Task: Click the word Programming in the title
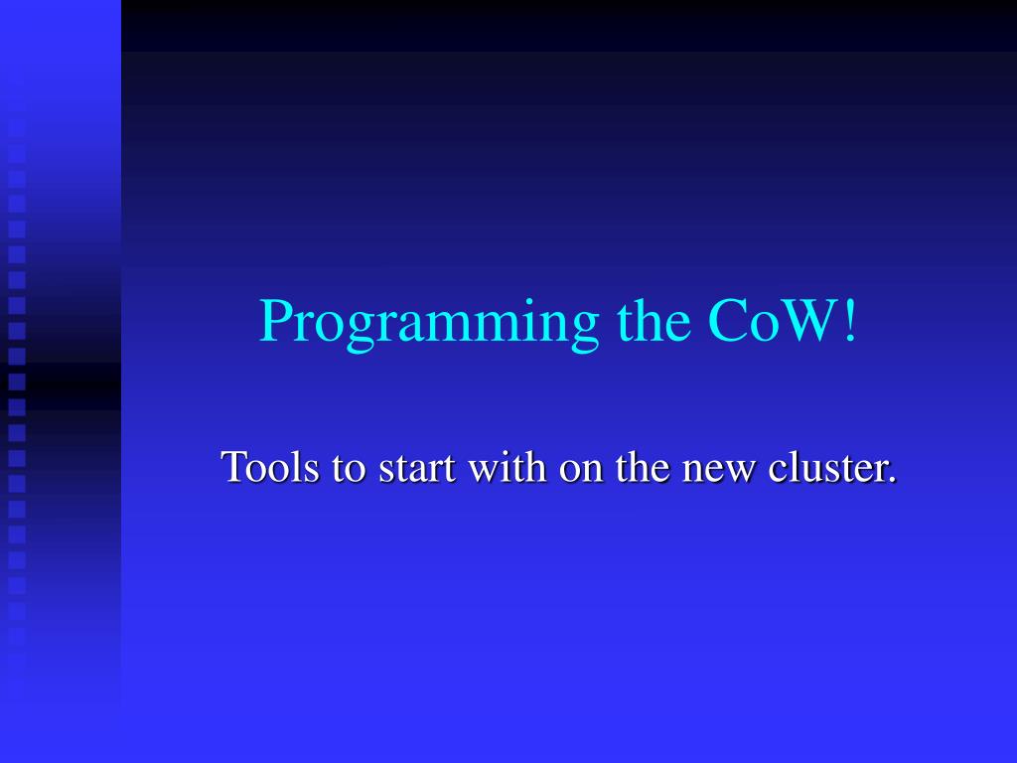pyautogui.click(x=429, y=323)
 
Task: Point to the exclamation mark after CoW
pyautogui.click(x=850, y=320)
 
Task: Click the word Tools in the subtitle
pyautogui.click(x=270, y=466)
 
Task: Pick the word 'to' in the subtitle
pyautogui.click(x=349, y=469)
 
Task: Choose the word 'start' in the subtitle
pyautogui.click(x=417, y=469)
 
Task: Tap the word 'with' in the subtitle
pyautogui.click(x=508, y=466)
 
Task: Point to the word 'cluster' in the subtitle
pyautogui.click(x=826, y=466)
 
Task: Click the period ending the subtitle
pyautogui.click(x=892, y=480)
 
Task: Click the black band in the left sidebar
pyautogui.click(x=61, y=386)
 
